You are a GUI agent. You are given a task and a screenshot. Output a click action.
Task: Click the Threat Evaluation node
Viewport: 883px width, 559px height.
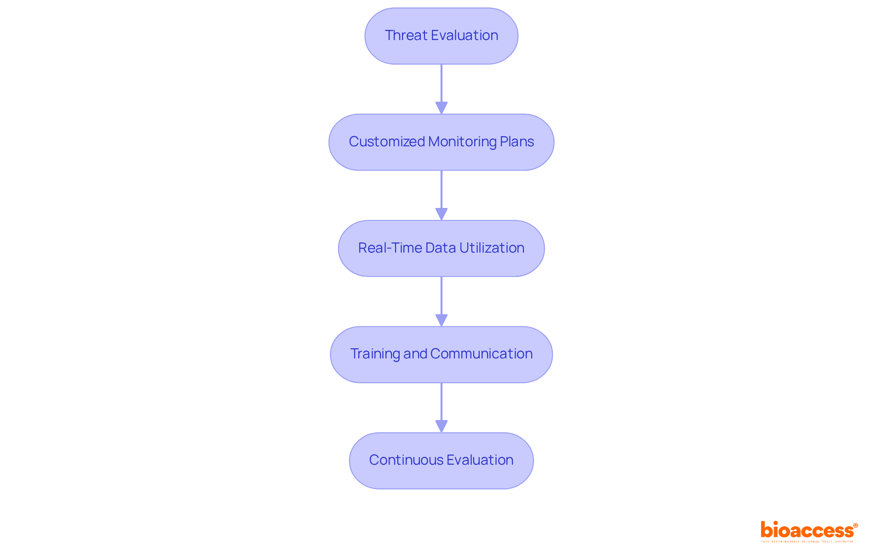coord(441,36)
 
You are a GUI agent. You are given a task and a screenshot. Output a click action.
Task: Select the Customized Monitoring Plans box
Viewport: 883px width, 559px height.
coord(441,142)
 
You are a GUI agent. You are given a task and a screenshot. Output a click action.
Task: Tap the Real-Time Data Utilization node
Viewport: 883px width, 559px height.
coord(441,248)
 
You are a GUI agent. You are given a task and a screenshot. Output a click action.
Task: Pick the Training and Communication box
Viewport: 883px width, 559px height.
coord(441,354)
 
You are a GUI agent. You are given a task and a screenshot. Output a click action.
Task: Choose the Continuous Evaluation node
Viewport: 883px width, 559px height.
coord(441,461)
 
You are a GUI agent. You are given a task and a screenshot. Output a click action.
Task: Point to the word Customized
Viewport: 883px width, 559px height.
coord(386,142)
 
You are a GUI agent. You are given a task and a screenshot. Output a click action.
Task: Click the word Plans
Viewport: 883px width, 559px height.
coord(517,142)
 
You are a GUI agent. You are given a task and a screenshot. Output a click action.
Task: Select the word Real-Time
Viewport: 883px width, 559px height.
coord(390,248)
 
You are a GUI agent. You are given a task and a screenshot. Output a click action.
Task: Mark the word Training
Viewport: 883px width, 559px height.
coord(375,354)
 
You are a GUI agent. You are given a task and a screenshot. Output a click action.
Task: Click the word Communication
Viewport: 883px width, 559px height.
coord(482,354)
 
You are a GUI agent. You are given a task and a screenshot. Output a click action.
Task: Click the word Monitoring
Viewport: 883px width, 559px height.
coord(462,142)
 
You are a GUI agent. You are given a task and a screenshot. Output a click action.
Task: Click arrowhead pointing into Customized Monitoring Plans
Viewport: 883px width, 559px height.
coord(441,108)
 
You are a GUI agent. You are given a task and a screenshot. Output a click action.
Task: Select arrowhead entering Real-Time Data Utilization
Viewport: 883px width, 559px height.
coord(441,214)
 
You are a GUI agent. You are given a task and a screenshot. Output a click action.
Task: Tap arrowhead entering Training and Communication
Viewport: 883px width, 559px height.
coord(441,320)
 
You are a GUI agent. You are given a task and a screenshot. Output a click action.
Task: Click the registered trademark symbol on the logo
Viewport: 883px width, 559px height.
coord(855,525)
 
